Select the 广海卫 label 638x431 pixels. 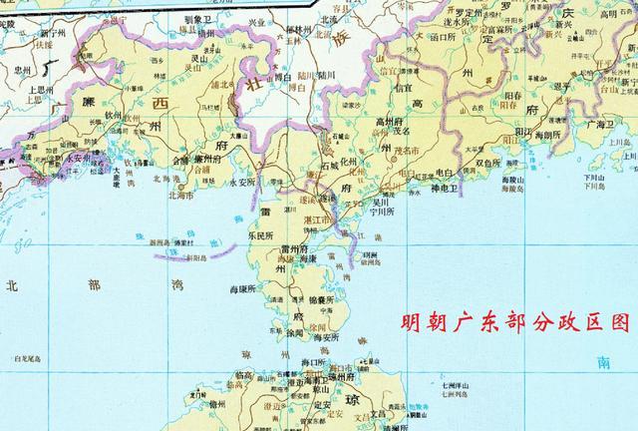[x=602, y=125]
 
